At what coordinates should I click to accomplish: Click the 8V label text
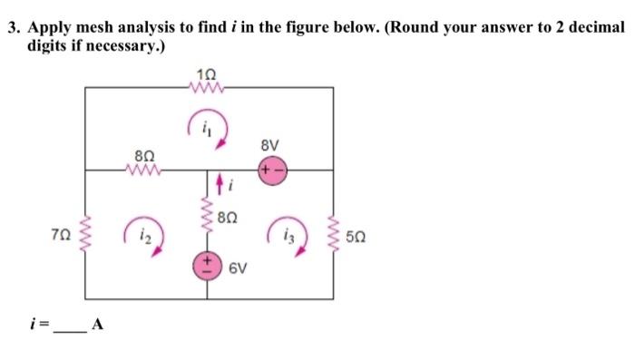(270, 145)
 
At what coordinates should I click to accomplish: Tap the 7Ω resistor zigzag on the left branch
(87, 233)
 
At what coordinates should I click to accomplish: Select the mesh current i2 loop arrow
(142, 238)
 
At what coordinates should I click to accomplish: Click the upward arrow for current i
(219, 188)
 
